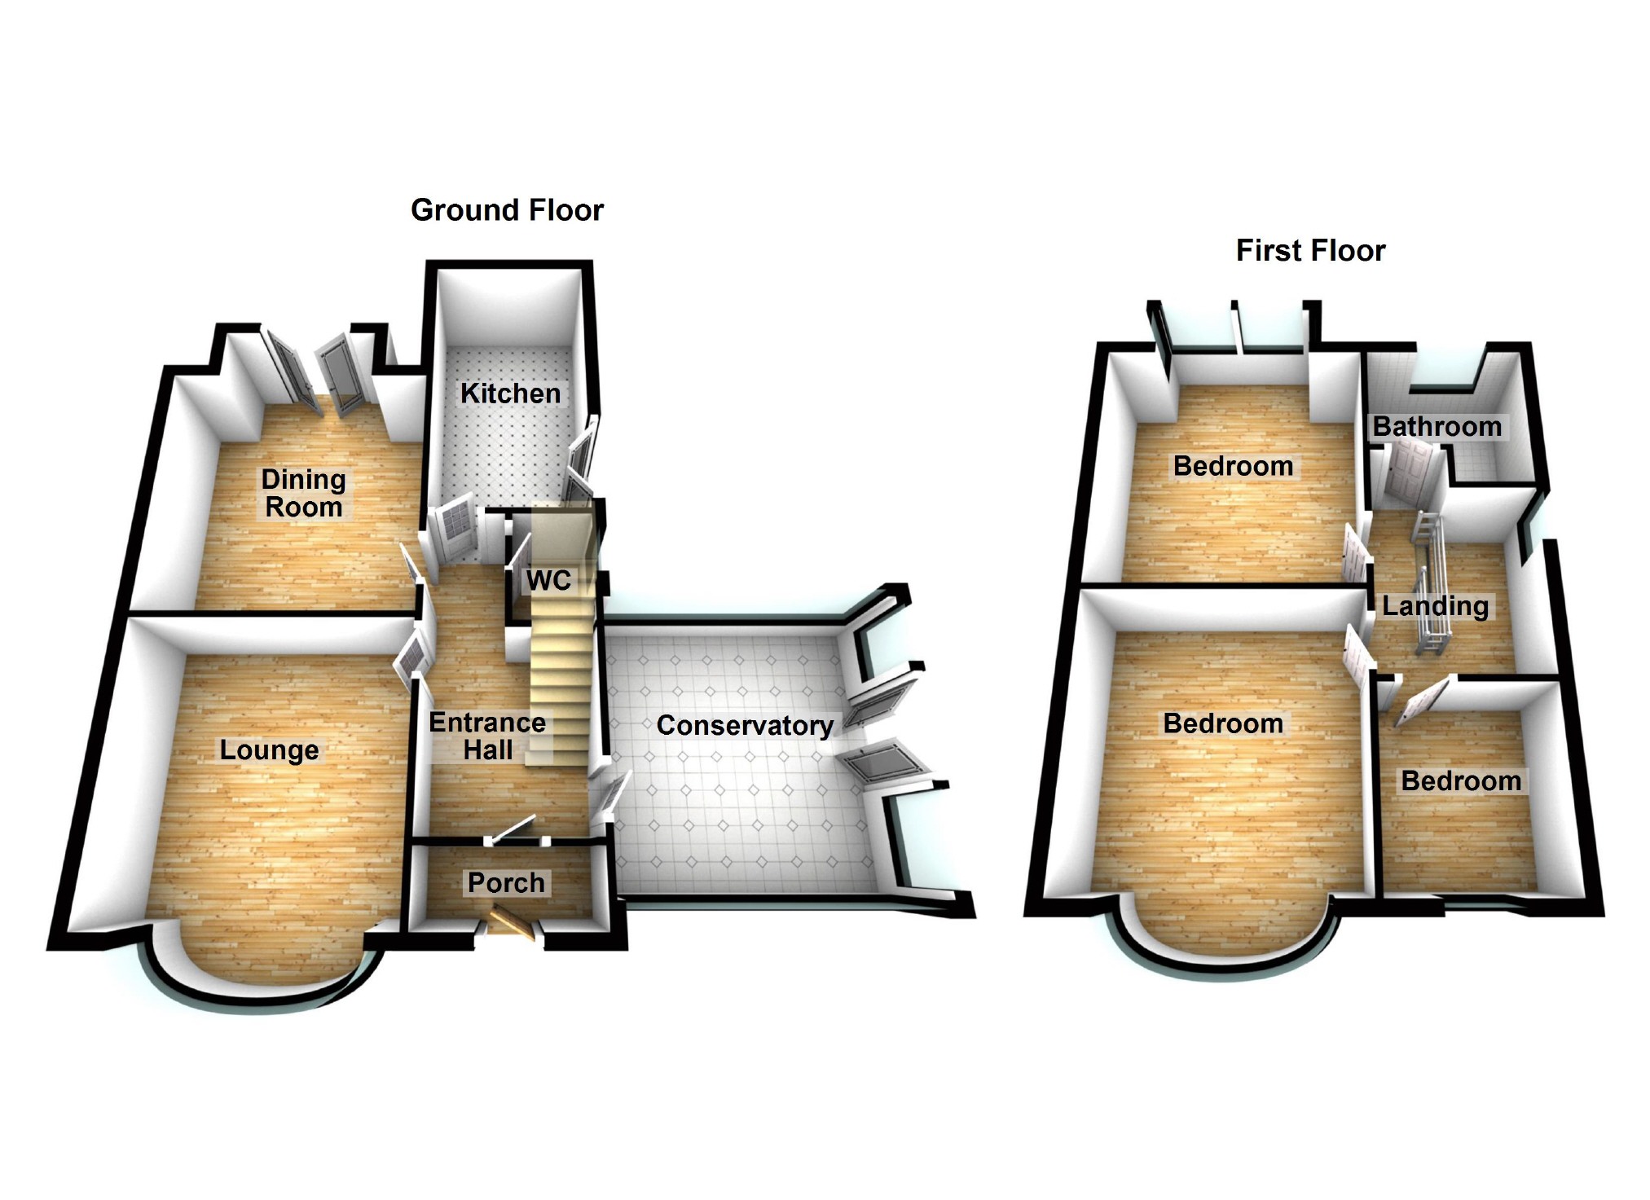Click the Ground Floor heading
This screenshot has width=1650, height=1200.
pyautogui.click(x=507, y=210)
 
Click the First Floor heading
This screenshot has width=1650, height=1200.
pyautogui.click(x=1310, y=250)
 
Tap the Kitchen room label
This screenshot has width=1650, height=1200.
pyautogui.click(x=511, y=393)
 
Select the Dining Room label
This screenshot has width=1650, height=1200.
pyautogui.click(x=304, y=493)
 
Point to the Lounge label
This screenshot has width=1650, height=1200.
pyautogui.click(x=269, y=750)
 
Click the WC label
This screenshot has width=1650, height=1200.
pyautogui.click(x=548, y=581)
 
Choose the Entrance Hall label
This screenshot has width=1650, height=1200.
pyautogui.click(x=487, y=736)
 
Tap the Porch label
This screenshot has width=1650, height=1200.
pyautogui.click(x=506, y=882)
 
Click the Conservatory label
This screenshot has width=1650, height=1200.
pyautogui.click(x=745, y=725)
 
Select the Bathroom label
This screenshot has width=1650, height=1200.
pyautogui.click(x=1437, y=426)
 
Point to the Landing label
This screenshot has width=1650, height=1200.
pyautogui.click(x=1436, y=606)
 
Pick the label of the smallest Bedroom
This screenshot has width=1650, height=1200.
pyautogui.click(x=1461, y=781)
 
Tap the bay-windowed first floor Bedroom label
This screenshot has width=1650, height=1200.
pyautogui.click(x=1223, y=723)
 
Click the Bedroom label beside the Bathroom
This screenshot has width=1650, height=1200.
pyautogui.click(x=1233, y=466)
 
